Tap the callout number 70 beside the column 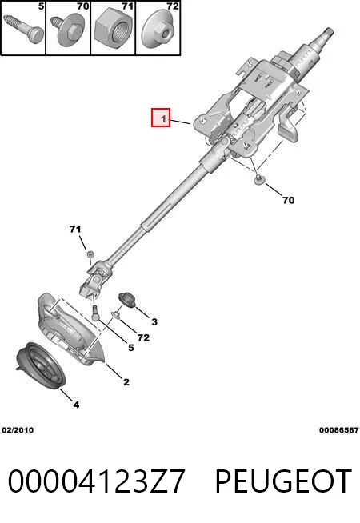click(288, 200)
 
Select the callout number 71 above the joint click(75, 229)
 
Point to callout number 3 click(154, 321)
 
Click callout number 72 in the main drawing click(143, 337)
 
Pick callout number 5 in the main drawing click(130, 348)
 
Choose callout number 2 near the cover click(126, 382)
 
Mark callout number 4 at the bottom click(77, 405)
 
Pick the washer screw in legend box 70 click(68, 30)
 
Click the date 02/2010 click(18, 430)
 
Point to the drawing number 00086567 click(338, 430)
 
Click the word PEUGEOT click(283, 481)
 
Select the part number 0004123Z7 click(96, 481)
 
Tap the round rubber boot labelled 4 click(40, 365)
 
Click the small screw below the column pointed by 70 click(258, 179)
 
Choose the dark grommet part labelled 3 click(127, 299)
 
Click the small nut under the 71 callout click(89, 254)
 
